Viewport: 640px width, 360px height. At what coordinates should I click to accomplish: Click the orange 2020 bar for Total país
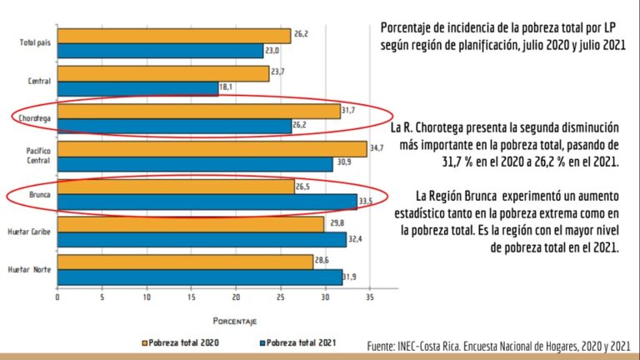[173, 36]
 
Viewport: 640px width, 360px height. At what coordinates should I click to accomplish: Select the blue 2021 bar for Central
[137, 88]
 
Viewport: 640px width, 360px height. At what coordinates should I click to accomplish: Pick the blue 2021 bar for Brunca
[207, 202]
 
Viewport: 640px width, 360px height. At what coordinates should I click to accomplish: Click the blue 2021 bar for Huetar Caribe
[202, 239]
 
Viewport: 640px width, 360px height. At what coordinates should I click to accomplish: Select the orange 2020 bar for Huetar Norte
[184, 262]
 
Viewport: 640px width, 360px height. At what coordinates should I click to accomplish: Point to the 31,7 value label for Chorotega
[350, 109]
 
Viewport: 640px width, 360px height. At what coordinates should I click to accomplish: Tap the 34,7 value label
[377, 147]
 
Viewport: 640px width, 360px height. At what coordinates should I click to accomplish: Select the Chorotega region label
[35, 119]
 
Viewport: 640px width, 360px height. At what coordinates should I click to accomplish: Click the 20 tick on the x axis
[236, 297]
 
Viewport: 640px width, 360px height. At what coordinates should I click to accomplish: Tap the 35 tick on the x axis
[369, 297]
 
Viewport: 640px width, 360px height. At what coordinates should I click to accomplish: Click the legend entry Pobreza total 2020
[183, 342]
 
